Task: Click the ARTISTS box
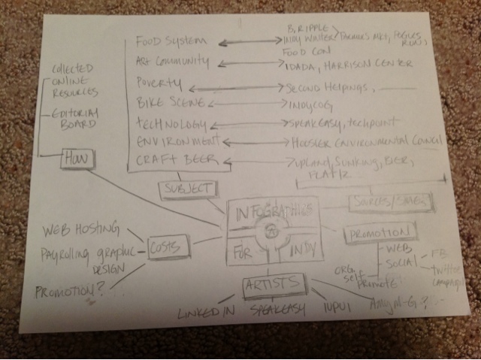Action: point(274,283)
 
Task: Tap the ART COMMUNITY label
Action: point(171,61)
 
